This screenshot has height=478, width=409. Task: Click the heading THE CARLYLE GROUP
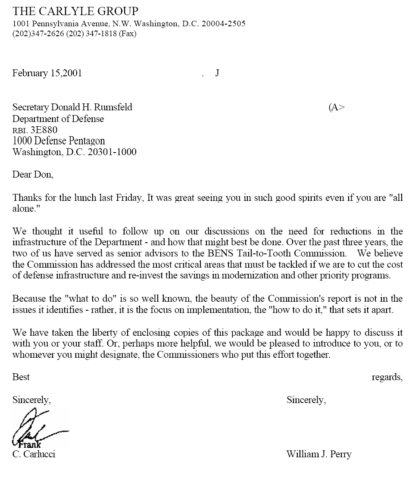click(x=75, y=11)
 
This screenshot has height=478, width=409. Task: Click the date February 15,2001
click(x=47, y=73)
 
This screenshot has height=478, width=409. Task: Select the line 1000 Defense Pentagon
click(x=59, y=141)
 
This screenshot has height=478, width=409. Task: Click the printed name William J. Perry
click(x=318, y=454)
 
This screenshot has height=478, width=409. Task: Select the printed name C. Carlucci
click(x=34, y=454)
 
